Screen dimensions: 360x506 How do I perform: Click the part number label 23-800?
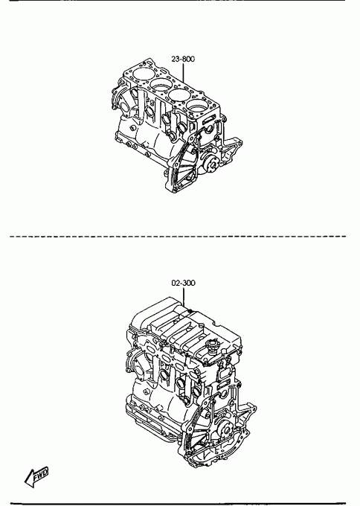(x=183, y=59)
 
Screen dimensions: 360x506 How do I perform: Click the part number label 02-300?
(x=183, y=283)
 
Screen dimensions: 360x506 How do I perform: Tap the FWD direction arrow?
(x=36, y=477)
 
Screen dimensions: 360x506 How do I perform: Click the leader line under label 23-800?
(x=183, y=72)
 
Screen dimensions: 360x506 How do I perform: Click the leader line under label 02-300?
(x=183, y=297)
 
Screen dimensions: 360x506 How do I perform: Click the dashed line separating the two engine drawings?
(x=178, y=237)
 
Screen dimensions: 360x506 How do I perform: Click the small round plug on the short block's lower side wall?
(x=132, y=128)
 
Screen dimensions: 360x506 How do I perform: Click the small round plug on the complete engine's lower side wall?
(x=146, y=392)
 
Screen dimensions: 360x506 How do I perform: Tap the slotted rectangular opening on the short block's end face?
(x=209, y=118)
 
